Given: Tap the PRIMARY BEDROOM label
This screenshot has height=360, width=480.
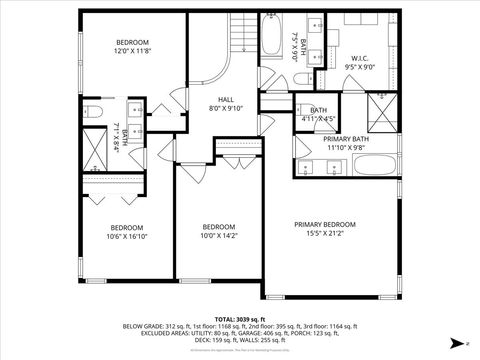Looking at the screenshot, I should pos(324,224).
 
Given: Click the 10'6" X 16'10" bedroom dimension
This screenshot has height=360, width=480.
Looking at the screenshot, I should pos(127,237).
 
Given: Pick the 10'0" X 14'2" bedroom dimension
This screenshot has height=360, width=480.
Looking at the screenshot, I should pos(218,237).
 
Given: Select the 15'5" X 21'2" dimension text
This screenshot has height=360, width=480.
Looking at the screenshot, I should pos(324,235).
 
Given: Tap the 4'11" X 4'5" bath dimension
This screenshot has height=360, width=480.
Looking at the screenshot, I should pos(318,119).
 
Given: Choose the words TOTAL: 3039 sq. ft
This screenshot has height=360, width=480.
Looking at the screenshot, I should pos(239,317).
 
